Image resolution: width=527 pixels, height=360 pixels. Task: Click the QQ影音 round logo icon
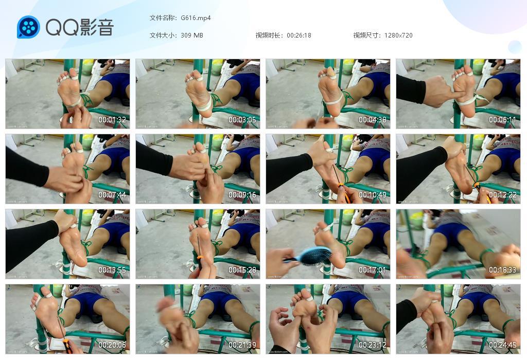28,27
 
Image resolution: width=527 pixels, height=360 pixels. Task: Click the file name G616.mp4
196,18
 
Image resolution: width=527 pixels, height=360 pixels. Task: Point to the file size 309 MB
192,35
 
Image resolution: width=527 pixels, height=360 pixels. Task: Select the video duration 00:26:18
299,35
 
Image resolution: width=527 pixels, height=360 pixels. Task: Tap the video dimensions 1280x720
398,35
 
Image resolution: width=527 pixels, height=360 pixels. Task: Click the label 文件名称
163,18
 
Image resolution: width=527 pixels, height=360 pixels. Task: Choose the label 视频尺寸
367,35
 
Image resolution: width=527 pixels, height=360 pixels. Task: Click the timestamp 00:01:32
112,120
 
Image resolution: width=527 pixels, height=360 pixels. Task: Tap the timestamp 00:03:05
242,120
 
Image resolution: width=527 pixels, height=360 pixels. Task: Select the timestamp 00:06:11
503,120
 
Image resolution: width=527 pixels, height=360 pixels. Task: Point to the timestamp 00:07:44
112,195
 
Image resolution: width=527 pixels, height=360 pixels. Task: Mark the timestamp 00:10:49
373,195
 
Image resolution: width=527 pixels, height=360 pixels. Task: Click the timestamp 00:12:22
503,195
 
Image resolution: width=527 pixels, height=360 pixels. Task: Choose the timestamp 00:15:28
242,270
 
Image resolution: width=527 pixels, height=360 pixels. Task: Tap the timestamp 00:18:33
503,270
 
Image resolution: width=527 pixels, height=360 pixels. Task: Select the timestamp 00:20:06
112,345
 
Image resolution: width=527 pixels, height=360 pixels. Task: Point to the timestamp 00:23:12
373,345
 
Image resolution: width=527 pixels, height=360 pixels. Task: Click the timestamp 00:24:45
503,345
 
